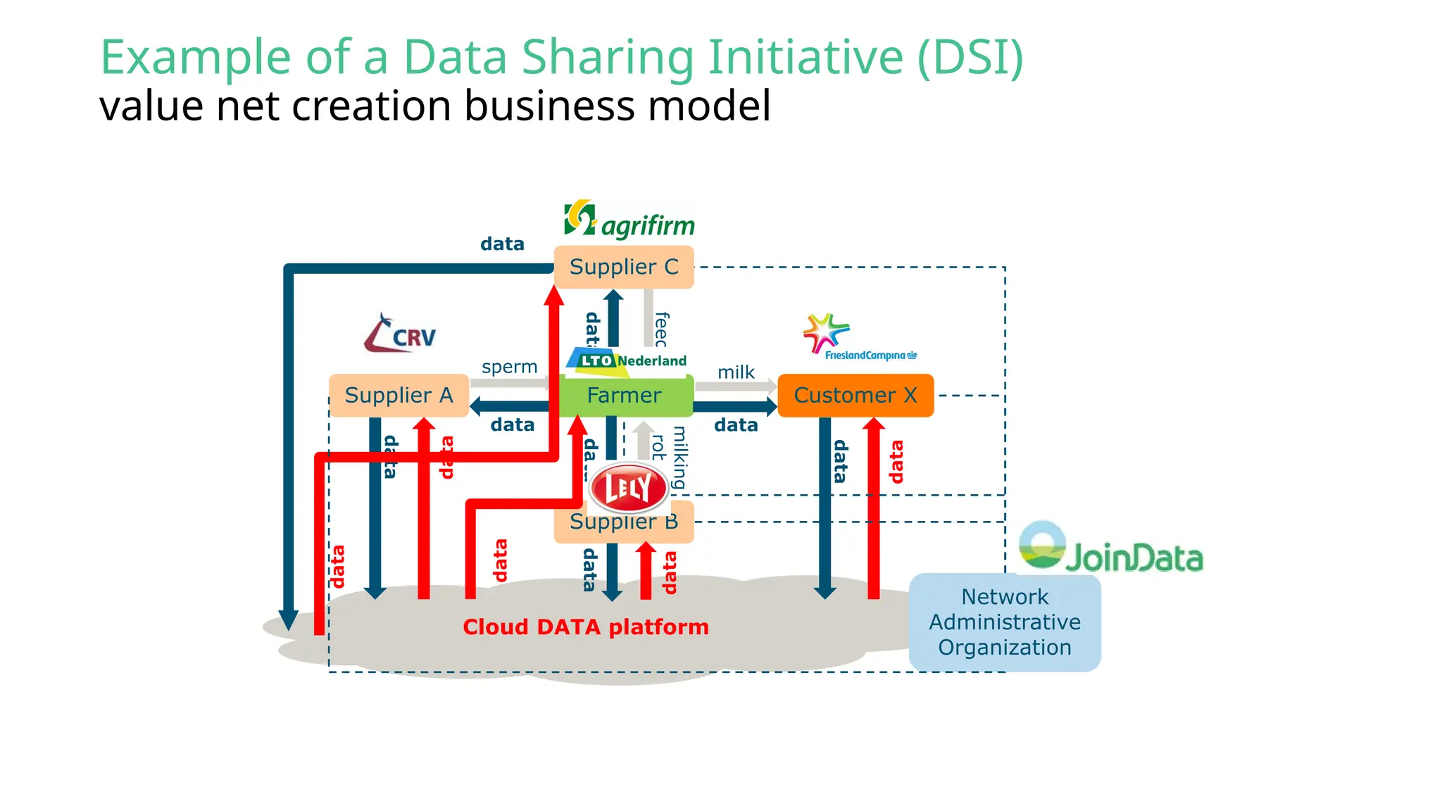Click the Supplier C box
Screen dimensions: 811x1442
(624, 267)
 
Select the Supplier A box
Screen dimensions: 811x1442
(399, 395)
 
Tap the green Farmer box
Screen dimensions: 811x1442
(624, 396)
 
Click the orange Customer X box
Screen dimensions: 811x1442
(855, 395)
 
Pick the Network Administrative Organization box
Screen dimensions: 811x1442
(1005, 622)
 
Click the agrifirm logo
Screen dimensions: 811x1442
(629, 221)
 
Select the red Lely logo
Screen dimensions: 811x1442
(628, 487)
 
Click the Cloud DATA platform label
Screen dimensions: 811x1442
(585, 627)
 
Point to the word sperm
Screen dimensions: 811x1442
(509, 367)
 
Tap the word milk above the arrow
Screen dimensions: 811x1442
(736, 372)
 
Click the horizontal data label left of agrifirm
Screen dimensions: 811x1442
(502, 244)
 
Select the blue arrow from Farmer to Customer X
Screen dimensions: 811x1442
(735, 406)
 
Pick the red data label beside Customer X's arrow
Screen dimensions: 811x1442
(896, 462)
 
